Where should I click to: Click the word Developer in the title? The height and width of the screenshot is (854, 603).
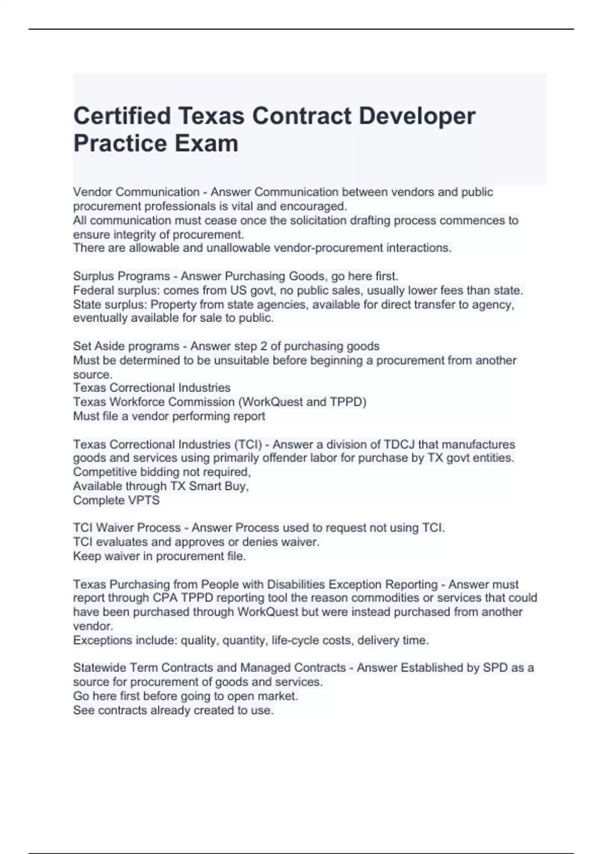point(417,116)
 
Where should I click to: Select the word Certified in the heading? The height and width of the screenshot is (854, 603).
point(123,116)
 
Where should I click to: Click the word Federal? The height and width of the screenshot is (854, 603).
point(93,290)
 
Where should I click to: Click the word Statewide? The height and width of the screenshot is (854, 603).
point(99,668)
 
